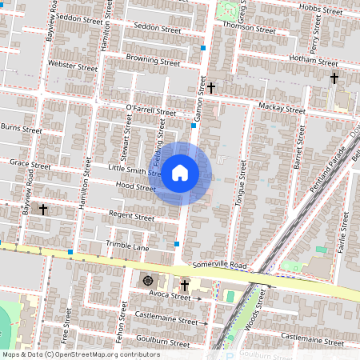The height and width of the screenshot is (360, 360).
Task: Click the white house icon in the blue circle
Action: [180, 172]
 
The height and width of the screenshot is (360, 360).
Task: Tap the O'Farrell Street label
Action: [150, 110]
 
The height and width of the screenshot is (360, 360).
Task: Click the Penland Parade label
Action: [329, 168]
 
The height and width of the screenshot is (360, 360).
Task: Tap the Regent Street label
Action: [132, 216]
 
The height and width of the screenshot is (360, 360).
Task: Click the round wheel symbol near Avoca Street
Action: [147, 280]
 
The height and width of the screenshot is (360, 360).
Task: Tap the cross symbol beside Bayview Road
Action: [43, 210]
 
